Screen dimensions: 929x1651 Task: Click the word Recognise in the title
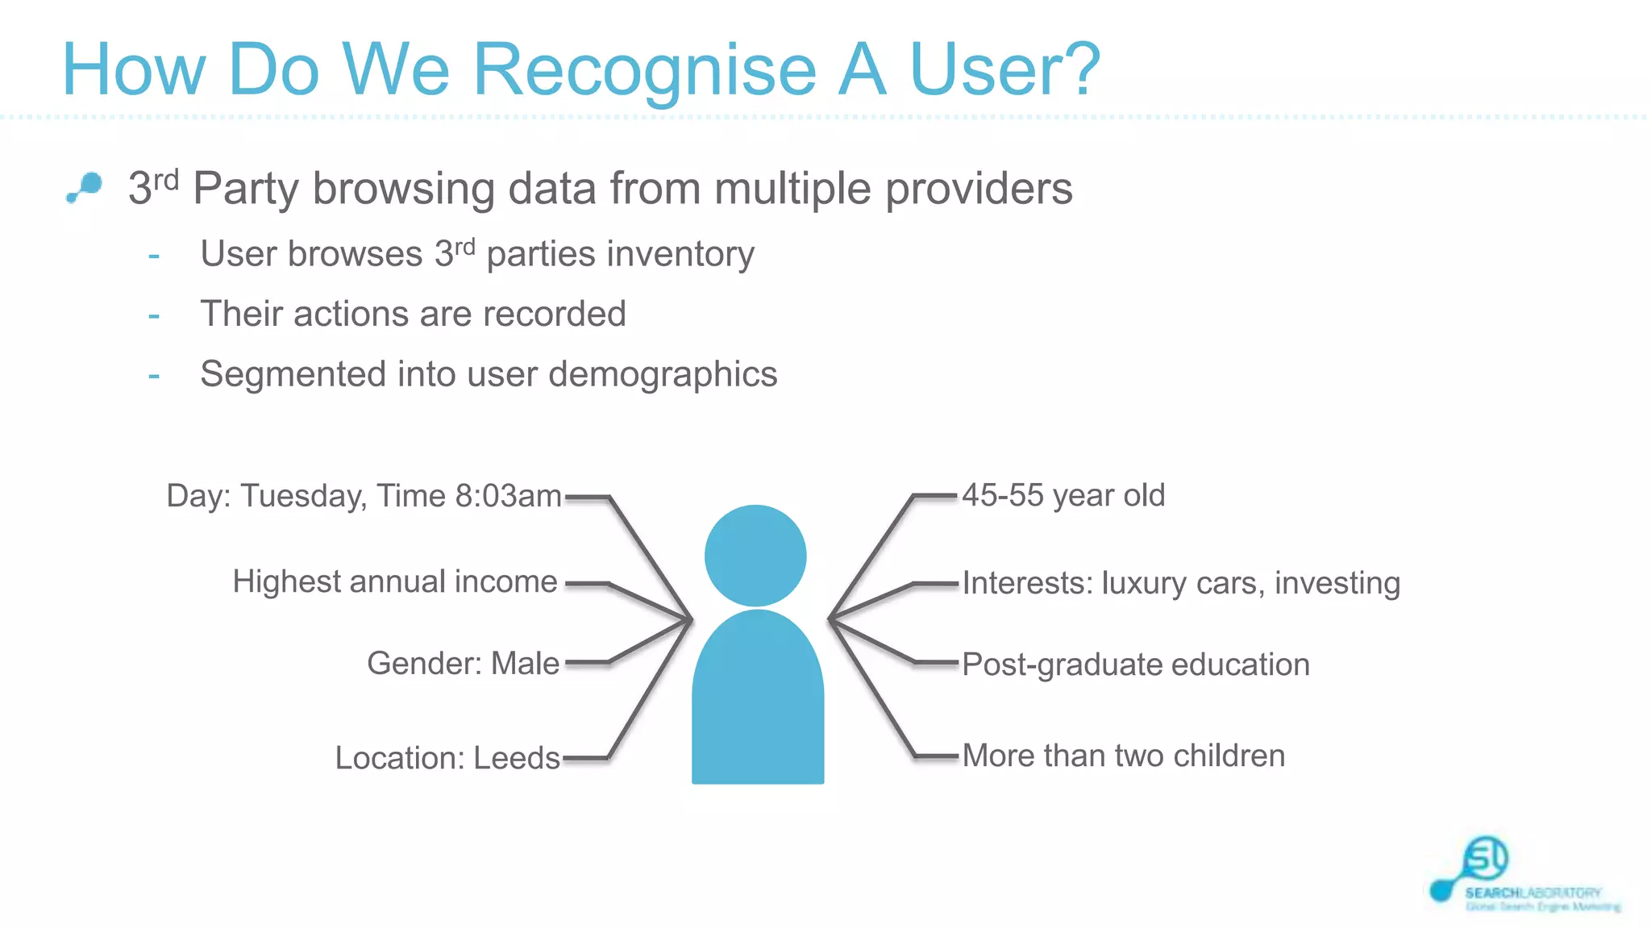tap(645, 71)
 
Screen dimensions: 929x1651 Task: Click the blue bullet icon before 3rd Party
tap(85, 187)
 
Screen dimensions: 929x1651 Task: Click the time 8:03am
tap(508, 496)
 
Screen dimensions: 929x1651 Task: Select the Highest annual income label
tap(395, 581)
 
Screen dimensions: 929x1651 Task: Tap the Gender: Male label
tap(463, 664)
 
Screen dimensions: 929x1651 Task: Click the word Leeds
tap(516, 758)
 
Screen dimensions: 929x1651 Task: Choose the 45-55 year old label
tap(1063, 495)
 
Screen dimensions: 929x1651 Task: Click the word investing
tap(1337, 583)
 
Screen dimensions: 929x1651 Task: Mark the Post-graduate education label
tap(1135, 664)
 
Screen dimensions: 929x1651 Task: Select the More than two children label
tap(1123, 756)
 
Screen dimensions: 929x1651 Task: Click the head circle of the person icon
tap(755, 556)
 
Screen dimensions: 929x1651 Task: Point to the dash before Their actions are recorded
tap(154, 315)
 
